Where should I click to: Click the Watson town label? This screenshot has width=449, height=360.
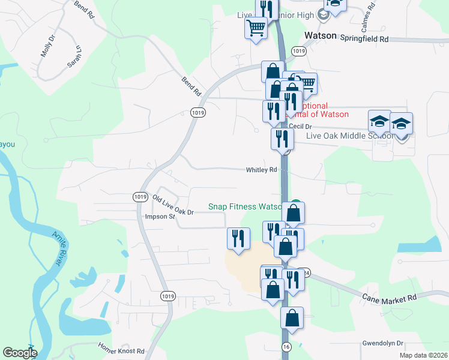321,36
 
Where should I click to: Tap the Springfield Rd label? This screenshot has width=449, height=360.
365,38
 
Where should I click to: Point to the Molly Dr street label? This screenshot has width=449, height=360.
47,46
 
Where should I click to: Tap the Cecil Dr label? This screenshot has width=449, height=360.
300,127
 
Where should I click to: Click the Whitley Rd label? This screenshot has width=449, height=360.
261,170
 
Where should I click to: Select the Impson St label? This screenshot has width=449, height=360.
160,217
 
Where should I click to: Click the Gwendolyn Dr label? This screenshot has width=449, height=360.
384,344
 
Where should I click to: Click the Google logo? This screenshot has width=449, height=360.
20,353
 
